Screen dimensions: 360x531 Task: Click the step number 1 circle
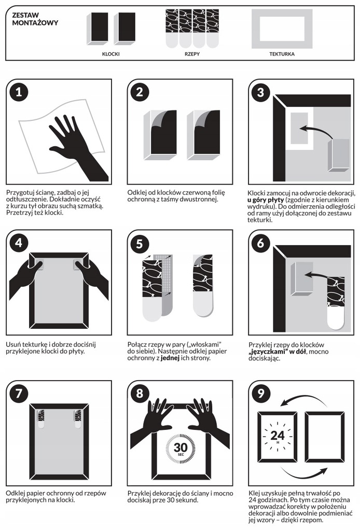click(19, 92)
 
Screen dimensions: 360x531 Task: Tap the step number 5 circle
click(140, 244)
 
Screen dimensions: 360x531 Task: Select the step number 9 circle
click(261, 394)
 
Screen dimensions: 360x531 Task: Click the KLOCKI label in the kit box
click(110, 54)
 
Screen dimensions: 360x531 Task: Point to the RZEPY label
click(192, 54)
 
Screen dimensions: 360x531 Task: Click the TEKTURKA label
click(282, 54)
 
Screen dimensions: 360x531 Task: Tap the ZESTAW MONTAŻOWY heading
click(35, 19)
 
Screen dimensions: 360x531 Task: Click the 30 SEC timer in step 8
click(181, 449)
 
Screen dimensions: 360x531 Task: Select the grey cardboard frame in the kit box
click(282, 29)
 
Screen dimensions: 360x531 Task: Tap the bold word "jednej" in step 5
click(170, 358)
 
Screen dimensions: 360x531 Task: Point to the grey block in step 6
click(301, 278)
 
